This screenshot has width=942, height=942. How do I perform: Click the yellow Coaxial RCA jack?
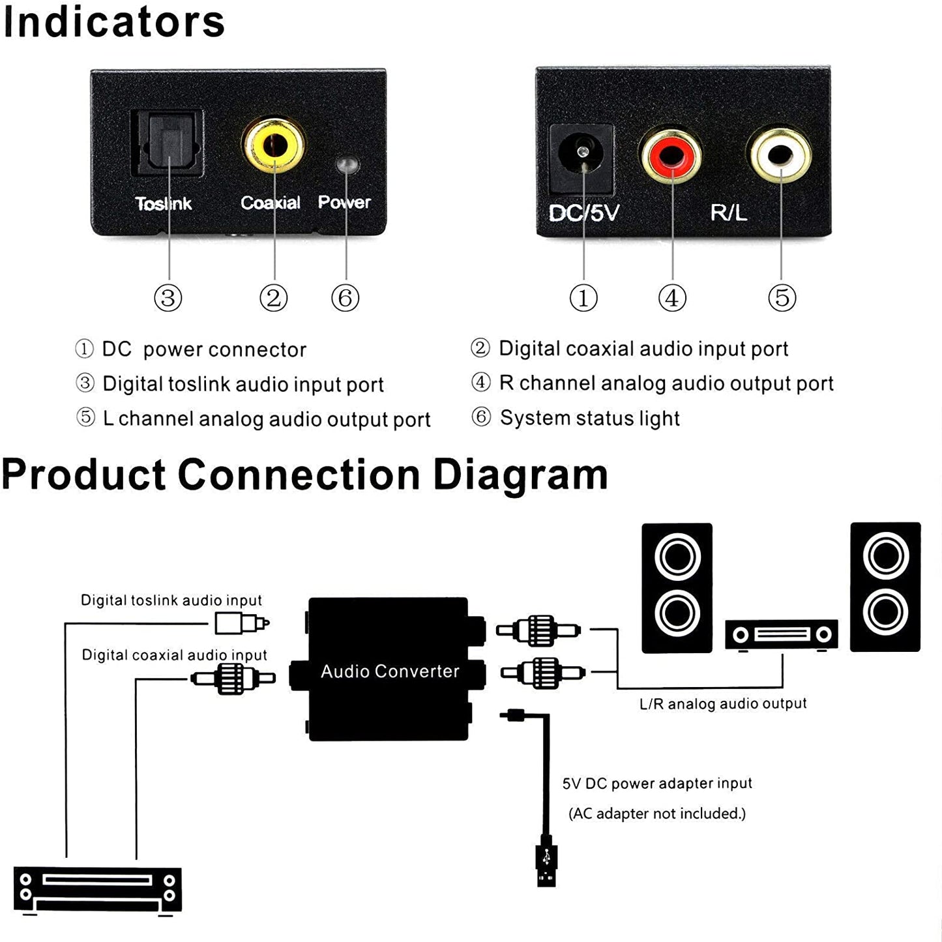point(274,145)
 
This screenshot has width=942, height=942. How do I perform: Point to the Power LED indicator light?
point(347,164)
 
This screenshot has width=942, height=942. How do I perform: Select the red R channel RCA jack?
point(671,155)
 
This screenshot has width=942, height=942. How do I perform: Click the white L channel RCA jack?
point(780,155)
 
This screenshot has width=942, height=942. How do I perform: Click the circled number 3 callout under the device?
point(168,298)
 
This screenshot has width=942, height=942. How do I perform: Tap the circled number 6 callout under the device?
point(346,298)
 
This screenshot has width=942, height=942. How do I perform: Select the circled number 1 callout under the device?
point(583,298)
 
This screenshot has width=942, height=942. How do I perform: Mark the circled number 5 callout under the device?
point(782,298)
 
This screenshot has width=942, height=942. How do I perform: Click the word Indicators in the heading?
point(114,22)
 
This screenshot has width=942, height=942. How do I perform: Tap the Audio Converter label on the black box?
point(390,671)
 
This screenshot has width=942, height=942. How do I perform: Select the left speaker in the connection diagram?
point(677,587)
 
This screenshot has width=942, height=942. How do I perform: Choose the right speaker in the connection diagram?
point(885,587)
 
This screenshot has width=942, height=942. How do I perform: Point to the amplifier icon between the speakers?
point(781,634)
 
